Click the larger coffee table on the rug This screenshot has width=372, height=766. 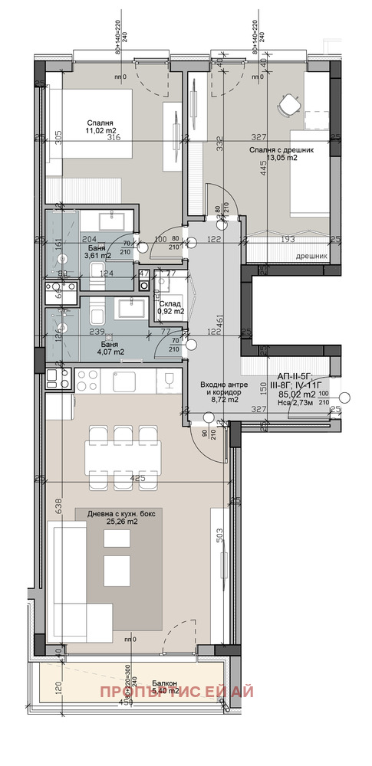(x=117, y=568)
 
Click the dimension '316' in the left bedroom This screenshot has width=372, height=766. (x=114, y=138)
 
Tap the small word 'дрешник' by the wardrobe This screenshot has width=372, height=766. (x=311, y=257)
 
